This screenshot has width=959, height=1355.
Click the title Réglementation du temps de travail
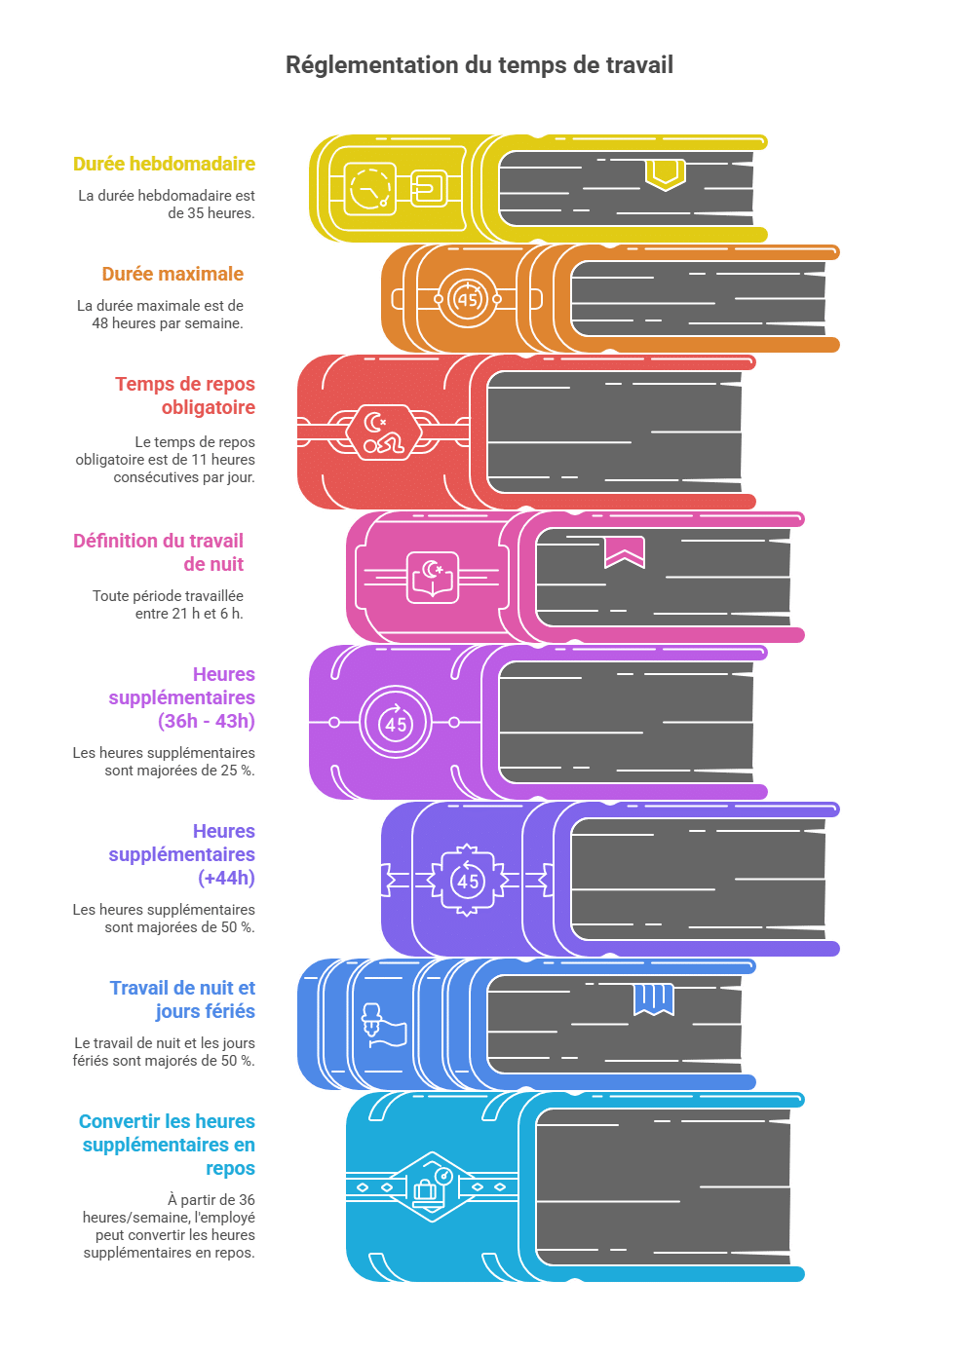coord(479,65)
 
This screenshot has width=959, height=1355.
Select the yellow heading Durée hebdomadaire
coord(164,164)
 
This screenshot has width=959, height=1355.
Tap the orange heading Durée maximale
coord(173,274)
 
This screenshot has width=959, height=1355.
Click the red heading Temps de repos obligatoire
coord(185,395)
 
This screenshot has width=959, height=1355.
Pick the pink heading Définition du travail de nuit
coord(159,552)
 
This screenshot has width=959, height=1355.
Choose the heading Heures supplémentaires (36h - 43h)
coord(181,697)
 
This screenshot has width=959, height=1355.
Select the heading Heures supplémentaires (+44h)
coord(181,854)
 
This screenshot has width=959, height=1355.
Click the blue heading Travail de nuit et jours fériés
coord(182,999)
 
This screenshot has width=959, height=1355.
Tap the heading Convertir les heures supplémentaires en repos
coord(167,1145)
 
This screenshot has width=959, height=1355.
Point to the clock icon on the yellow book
coord(369,189)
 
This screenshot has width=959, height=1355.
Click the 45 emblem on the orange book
coord(467,299)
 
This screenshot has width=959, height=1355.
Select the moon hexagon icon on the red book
coord(383,432)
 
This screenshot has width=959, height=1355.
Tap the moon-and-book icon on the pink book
coord(432,577)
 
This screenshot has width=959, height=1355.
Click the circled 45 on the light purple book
coord(395,722)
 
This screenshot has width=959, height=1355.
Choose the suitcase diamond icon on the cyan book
coord(432,1187)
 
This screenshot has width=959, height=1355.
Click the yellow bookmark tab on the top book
coord(665,174)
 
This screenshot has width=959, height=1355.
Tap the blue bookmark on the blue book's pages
coord(653,999)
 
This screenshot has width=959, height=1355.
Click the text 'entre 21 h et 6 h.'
coord(189,614)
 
